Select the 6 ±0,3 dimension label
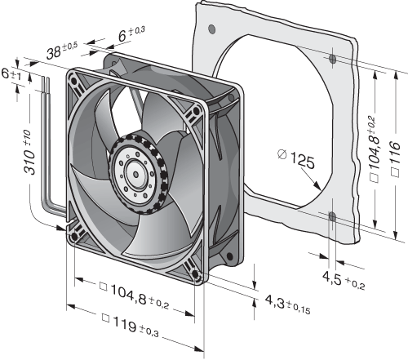pyautogui.click(x=131, y=33)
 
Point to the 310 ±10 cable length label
pyautogui.click(x=29, y=152)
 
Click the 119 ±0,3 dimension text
pyautogui.click(x=130, y=326)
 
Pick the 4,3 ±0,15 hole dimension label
pyautogui.click(x=287, y=304)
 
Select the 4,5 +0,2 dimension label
pyautogui.click(x=344, y=280)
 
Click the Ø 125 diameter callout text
pyautogui.click(x=296, y=158)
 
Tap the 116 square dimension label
pyautogui.click(x=395, y=159)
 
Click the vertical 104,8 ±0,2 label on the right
pyautogui.click(x=374, y=149)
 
